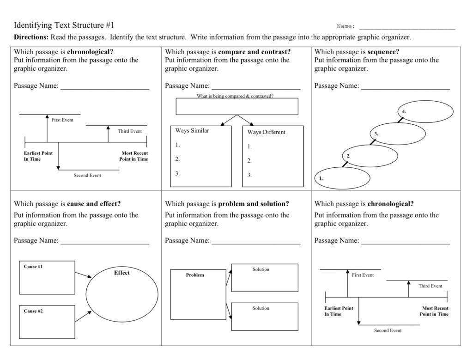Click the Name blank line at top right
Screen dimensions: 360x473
pos(407,28)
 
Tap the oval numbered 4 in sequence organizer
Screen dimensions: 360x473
pos(425,111)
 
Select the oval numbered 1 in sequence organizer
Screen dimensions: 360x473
pos(342,178)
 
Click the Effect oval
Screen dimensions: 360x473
pos(122,294)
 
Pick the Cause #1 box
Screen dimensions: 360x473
pos(47,278)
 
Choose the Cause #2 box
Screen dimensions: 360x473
pos(47,322)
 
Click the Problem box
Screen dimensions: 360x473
pos(198,294)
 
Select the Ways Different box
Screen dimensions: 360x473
pos(273,156)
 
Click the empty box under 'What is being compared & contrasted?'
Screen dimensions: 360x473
pos(237,106)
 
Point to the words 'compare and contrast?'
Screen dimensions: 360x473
pos(255,52)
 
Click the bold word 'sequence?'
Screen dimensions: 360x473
pos(383,52)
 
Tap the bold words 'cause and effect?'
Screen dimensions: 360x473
pos(94,204)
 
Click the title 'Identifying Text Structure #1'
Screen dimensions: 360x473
pos(64,25)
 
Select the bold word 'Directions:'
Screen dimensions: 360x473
pos(31,37)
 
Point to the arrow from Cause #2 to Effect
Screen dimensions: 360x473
pos(83,316)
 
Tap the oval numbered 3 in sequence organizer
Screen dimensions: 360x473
pos(398,134)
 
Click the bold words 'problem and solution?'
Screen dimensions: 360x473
pos(254,204)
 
